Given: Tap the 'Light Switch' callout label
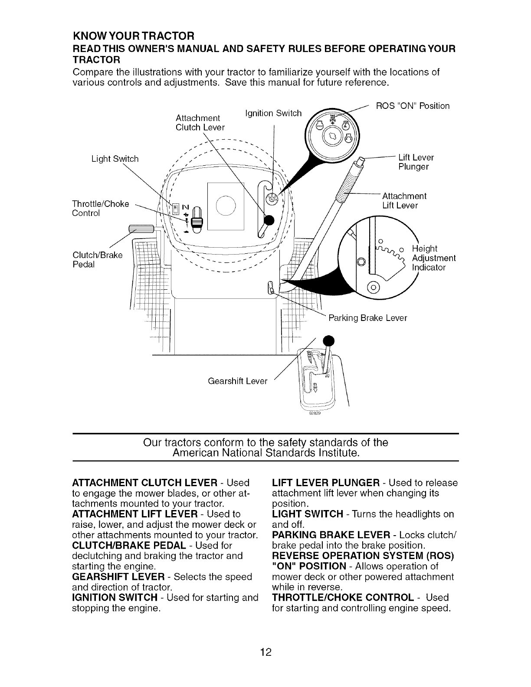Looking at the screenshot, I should pyautogui.click(x=115, y=159).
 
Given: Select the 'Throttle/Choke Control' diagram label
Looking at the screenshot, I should pyautogui.click(x=101, y=208).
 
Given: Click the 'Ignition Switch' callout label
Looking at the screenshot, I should pyautogui.click(x=273, y=114).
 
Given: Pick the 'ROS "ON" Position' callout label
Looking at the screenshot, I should pyautogui.click(x=413, y=106).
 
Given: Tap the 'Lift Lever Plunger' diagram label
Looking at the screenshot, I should pyautogui.click(x=416, y=162).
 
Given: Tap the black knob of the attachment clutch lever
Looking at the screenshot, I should pyautogui.click(x=269, y=220).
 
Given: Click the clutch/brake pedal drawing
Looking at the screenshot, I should pyautogui.click(x=141, y=229).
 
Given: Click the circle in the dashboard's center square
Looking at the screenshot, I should pyautogui.click(x=226, y=206).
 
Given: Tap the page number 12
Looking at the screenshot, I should pyautogui.click(x=265, y=651).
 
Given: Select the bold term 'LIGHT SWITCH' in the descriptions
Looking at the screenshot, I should pyautogui.click(x=308, y=514).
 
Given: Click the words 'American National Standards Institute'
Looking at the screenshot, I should pyautogui.click(x=266, y=453).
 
